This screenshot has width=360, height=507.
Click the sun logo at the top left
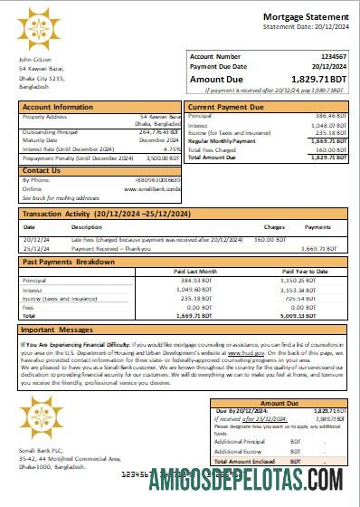39,28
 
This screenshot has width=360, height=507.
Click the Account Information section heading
58,107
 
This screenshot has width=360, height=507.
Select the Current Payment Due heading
226,107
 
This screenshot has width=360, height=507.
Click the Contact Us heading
42,170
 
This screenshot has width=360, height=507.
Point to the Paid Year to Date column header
304,271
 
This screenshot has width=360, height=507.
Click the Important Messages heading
58,330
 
